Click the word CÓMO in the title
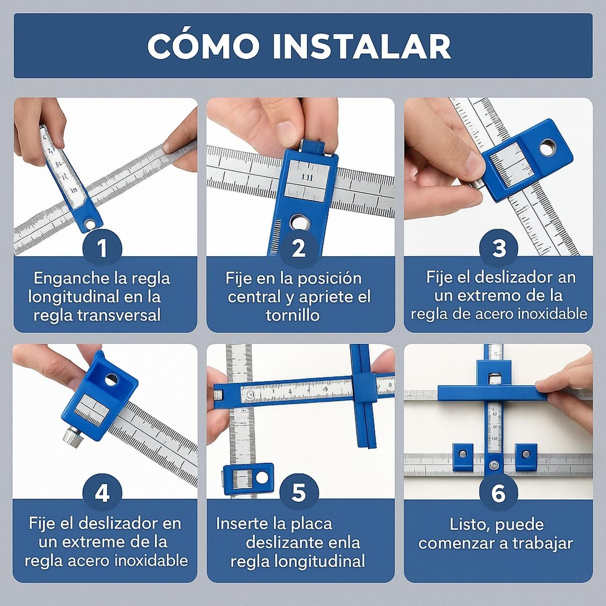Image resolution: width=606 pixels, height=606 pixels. coord(203,46)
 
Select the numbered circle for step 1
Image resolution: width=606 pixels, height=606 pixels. coord(102,248)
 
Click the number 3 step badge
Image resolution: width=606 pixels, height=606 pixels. coord(499,248)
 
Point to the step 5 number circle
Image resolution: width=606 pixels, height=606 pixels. coord(299,493)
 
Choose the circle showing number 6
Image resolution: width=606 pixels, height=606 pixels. coord(498,493)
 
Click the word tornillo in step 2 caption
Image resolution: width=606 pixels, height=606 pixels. coord(292,315)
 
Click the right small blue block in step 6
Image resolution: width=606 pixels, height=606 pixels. coord(526,455)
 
